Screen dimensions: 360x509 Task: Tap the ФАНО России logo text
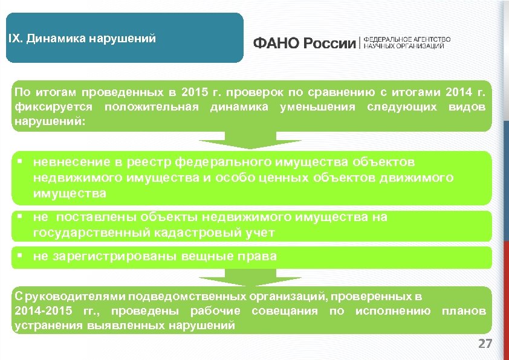tap(305, 43)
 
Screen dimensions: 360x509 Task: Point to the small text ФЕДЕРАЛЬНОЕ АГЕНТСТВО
tap(407, 40)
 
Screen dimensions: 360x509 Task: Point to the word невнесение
tap(72, 162)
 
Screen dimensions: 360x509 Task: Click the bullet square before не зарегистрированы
tap(21, 255)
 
